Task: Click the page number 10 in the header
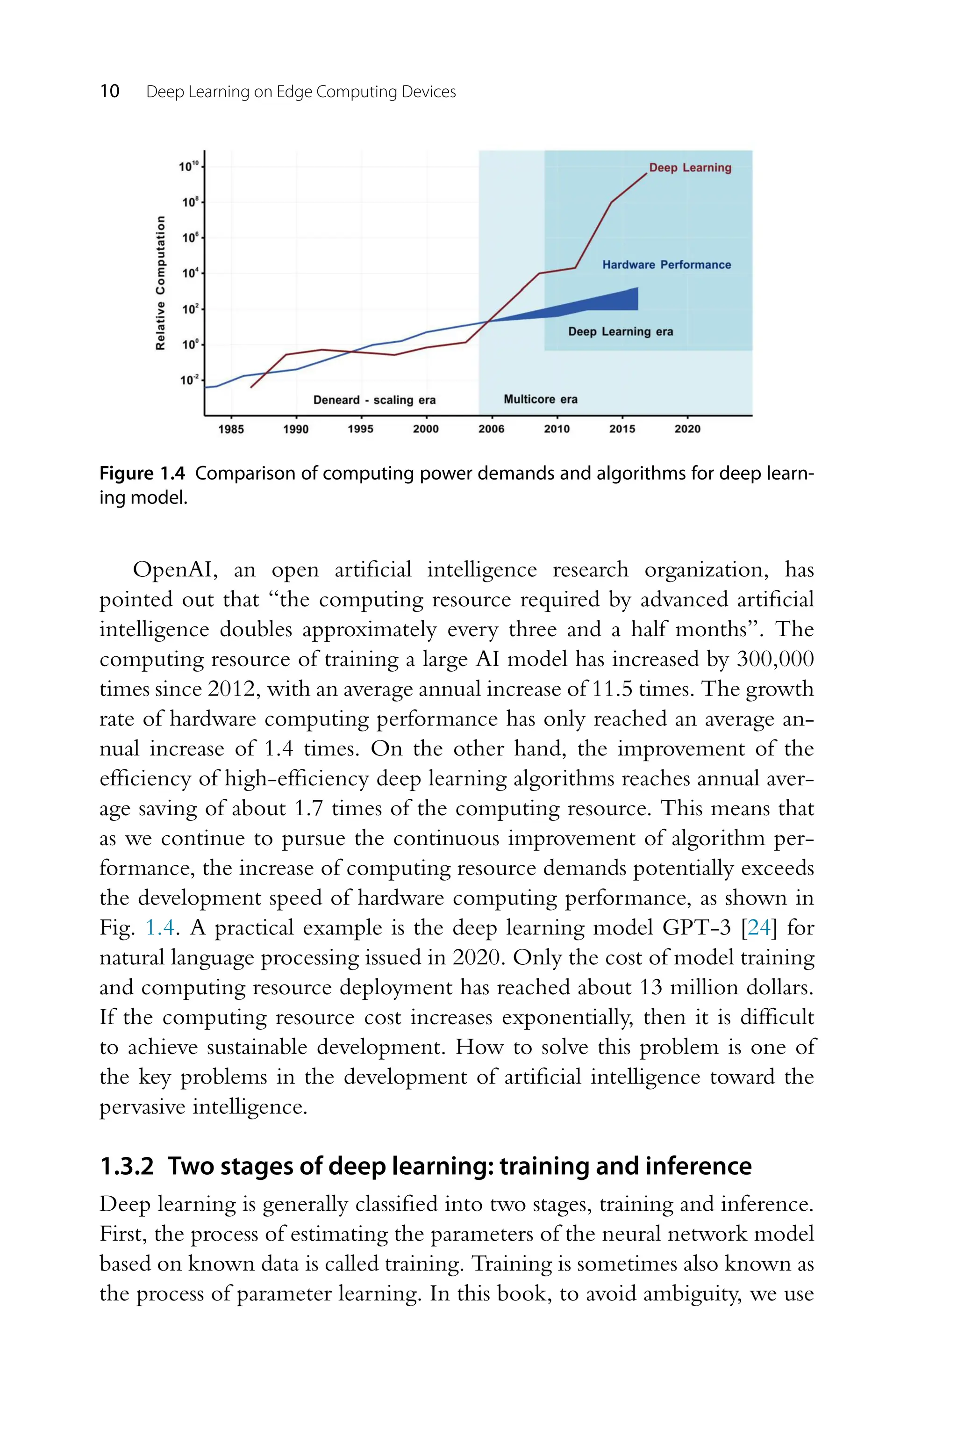110,92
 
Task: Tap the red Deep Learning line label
690,168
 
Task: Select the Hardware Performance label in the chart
666,265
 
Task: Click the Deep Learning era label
620,331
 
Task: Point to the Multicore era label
540,399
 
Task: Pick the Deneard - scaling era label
374,400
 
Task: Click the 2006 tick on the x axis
491,429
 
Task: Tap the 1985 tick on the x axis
231,429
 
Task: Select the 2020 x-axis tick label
687,429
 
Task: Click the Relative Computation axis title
161,283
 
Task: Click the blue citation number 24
759,928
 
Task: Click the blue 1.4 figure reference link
160,928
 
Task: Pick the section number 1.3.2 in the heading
127,1166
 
